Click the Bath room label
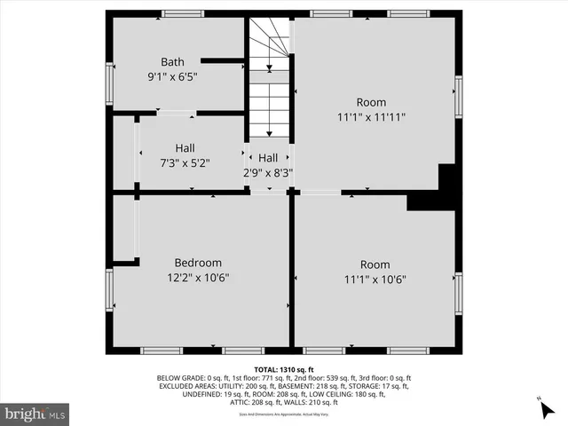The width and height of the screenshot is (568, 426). click(172, 61)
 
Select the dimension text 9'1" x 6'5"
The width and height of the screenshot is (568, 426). click(172, 76)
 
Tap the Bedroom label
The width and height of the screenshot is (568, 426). click(197, 263)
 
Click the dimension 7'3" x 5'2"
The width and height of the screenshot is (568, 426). click(185, 162)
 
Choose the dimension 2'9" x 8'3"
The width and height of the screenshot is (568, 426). click(269, 172)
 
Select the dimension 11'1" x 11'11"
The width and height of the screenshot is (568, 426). click(372, 116)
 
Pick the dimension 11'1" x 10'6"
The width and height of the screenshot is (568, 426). click(374, 279)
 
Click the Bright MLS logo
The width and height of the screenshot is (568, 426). click(35, 413)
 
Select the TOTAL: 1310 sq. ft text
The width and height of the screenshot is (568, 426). click(284, 369)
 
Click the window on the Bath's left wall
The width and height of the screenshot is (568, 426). click(109, 81)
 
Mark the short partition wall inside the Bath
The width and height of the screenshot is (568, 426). click(222, 60)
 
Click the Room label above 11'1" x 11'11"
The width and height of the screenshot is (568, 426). click(372, 101)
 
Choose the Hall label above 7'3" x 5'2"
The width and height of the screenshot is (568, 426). click(185, 147)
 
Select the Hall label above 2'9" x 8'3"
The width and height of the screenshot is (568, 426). click(268, 157)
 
